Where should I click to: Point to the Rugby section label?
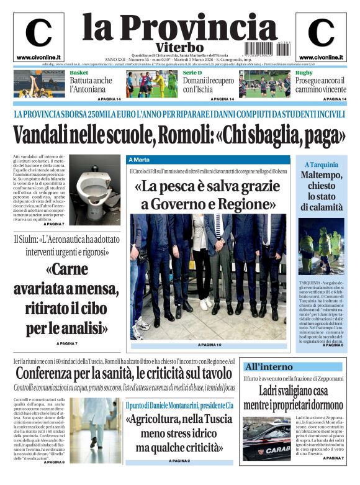tap(304, 73)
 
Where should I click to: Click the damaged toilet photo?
tap(95, 194)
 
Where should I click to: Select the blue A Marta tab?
tap(142, 160)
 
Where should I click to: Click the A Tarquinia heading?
tap(322, 165)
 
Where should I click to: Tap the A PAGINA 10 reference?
tap(209, 344)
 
